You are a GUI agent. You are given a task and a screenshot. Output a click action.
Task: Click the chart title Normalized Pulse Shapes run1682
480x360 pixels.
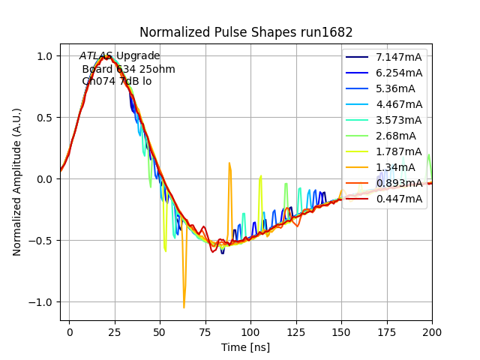pos(246,32)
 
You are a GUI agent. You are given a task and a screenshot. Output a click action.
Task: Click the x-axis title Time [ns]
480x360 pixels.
pos(246,347)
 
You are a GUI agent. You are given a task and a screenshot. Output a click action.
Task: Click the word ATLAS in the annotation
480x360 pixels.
pos(96,56)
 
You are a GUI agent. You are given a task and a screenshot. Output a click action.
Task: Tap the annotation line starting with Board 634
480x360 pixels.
pos(128,69)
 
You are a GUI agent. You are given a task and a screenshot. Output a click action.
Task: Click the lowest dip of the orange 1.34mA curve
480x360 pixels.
pos(184,307)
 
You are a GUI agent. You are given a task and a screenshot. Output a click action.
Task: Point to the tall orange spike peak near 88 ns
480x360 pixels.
pos(229,163)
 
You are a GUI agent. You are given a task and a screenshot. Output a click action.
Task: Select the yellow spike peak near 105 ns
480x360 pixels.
pos(260,176)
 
